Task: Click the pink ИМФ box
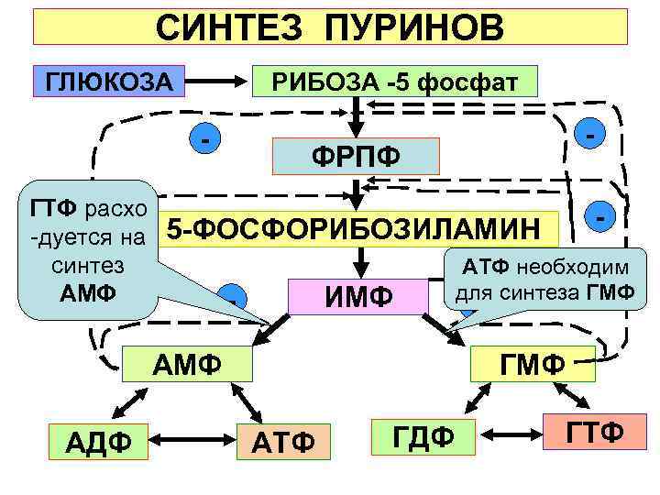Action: [x=358, y=296]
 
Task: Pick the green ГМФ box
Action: [x=532, y=363]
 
